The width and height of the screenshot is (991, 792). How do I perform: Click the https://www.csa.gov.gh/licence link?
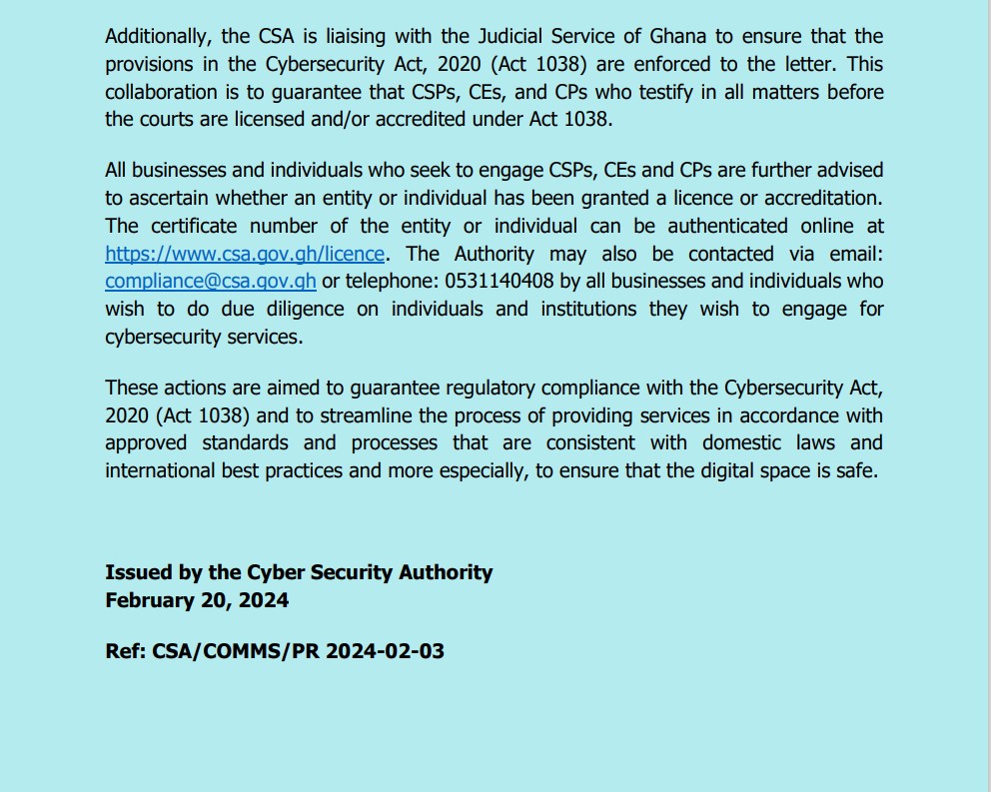tap(245, 254)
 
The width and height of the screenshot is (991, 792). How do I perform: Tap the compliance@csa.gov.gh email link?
tap(210, 282)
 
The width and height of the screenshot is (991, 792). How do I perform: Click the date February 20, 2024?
tap(197, 600)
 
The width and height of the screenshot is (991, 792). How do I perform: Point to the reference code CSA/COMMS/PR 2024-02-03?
tap(298, 651)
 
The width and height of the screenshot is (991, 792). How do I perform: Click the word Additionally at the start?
tap(159, 36)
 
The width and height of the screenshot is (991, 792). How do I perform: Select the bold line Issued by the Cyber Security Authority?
tap(299, 572)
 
